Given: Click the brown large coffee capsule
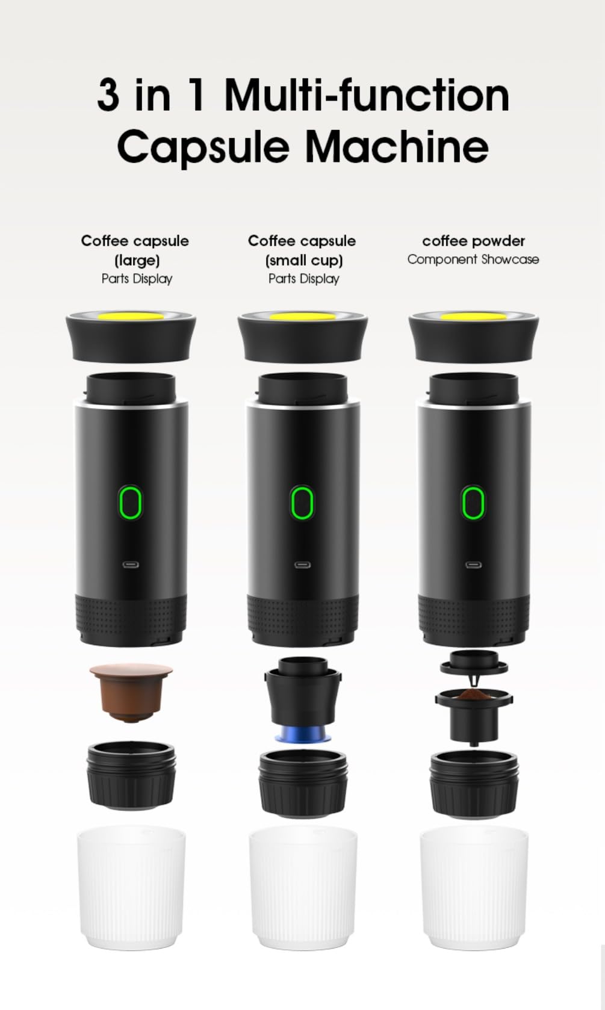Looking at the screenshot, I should pos(131,692).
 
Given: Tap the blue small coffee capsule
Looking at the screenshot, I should pos(303,736).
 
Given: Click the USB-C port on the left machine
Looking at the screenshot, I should pos(130,565).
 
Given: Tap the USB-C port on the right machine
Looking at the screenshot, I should pos(473,565).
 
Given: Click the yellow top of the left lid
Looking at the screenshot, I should pos(131,316).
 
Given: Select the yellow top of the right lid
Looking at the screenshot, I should pos(474,317).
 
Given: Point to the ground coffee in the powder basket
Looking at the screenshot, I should pos(474,695).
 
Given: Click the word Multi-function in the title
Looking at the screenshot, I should pos(367,95).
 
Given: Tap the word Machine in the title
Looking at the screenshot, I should pos(397,146).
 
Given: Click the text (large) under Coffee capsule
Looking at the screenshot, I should pos(137,260).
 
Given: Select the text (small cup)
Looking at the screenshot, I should pos(304,260).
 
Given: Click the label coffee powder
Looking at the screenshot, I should pos(473,241).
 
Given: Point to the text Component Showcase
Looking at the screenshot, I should pos(473,259).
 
